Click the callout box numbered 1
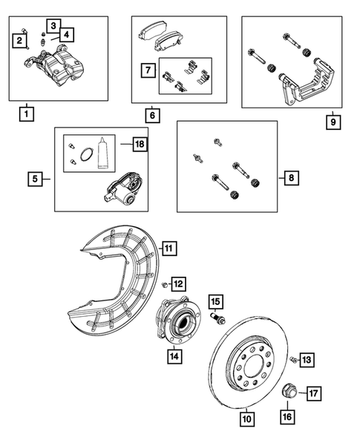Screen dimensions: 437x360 click(27, 114)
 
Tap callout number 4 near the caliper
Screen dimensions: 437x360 click(68, 34)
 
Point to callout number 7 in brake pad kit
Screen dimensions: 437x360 click(148, 71)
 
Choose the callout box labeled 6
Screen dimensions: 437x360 click(151, 116)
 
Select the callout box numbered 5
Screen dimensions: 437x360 click(35, 178)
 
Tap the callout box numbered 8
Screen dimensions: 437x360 click(292, 178)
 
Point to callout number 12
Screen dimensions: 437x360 click(178, 283)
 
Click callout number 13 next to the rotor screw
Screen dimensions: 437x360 click(307, 360)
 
